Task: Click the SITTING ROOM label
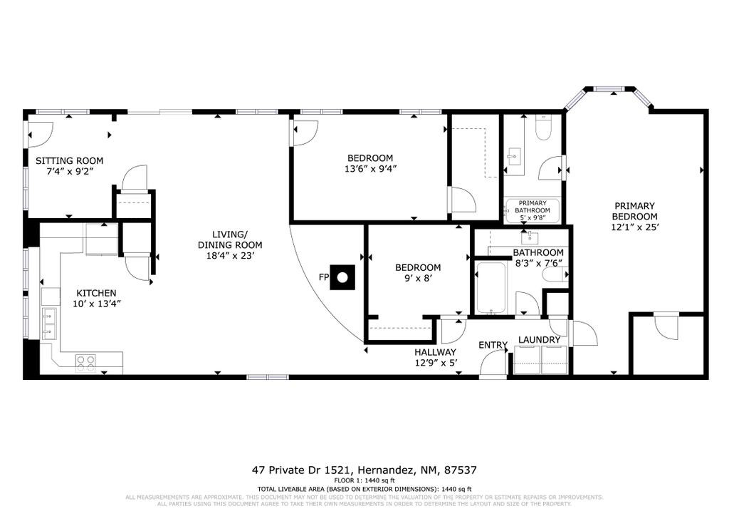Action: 70,160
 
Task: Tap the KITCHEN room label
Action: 96,293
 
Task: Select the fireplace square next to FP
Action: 345,277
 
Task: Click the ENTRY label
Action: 493,345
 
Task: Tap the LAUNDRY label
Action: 539,340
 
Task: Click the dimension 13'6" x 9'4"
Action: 369,169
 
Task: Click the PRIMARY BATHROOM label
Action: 533,206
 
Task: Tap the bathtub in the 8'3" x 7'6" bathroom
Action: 491,288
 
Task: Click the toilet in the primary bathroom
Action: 543,128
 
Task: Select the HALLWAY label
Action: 435,352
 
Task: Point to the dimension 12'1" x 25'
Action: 634,227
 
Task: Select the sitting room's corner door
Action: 40,132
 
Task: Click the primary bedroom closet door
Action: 667,329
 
